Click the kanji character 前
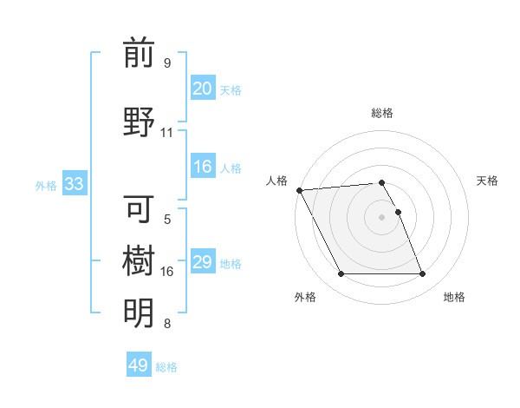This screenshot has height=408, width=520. point(139,54)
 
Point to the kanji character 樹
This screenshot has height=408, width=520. point(139,260)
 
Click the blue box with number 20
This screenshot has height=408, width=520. point(202,89)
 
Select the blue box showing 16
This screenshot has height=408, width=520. point(202,167)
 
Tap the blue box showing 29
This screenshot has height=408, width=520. point(202,262)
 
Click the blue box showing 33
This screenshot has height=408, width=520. point(74,184)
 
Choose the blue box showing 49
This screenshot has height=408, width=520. point(139,365)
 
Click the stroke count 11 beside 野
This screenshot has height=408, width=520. point(166,133)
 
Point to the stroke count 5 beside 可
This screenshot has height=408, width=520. point(167,220)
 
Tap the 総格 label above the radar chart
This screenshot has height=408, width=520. point(382,113)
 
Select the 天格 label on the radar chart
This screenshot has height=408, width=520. point(488,181)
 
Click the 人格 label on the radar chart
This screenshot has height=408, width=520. point(276,181)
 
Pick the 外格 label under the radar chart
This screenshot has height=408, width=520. point(305,297)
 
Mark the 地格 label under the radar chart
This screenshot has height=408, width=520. point(454,297)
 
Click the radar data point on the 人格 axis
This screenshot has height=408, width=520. point(299,190)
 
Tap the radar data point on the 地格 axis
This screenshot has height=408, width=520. point(422,274)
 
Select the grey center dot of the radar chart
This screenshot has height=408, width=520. point(382,217)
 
